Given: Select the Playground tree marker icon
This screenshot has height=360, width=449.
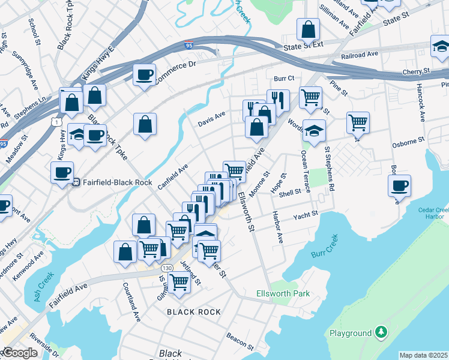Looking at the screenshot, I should pos(380,332).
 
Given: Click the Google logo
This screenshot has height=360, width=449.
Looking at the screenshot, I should pos(20,353).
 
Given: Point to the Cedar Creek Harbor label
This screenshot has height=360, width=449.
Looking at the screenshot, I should pos(433,213).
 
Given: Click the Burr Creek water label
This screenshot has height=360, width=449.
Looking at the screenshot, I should pos(325,254).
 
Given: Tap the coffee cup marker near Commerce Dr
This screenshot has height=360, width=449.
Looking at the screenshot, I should pos(144,76).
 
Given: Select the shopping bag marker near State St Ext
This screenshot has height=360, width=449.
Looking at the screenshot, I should pos(308,29).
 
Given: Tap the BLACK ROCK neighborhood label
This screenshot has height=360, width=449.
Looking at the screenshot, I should pos(193,312).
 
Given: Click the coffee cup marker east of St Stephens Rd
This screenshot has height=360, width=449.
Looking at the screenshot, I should pos(399,186).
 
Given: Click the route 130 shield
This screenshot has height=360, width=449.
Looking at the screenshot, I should pos(166,268).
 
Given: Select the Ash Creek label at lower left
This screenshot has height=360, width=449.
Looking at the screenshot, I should pos(45,287).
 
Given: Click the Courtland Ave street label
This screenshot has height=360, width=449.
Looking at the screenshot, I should pos(131,302).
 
